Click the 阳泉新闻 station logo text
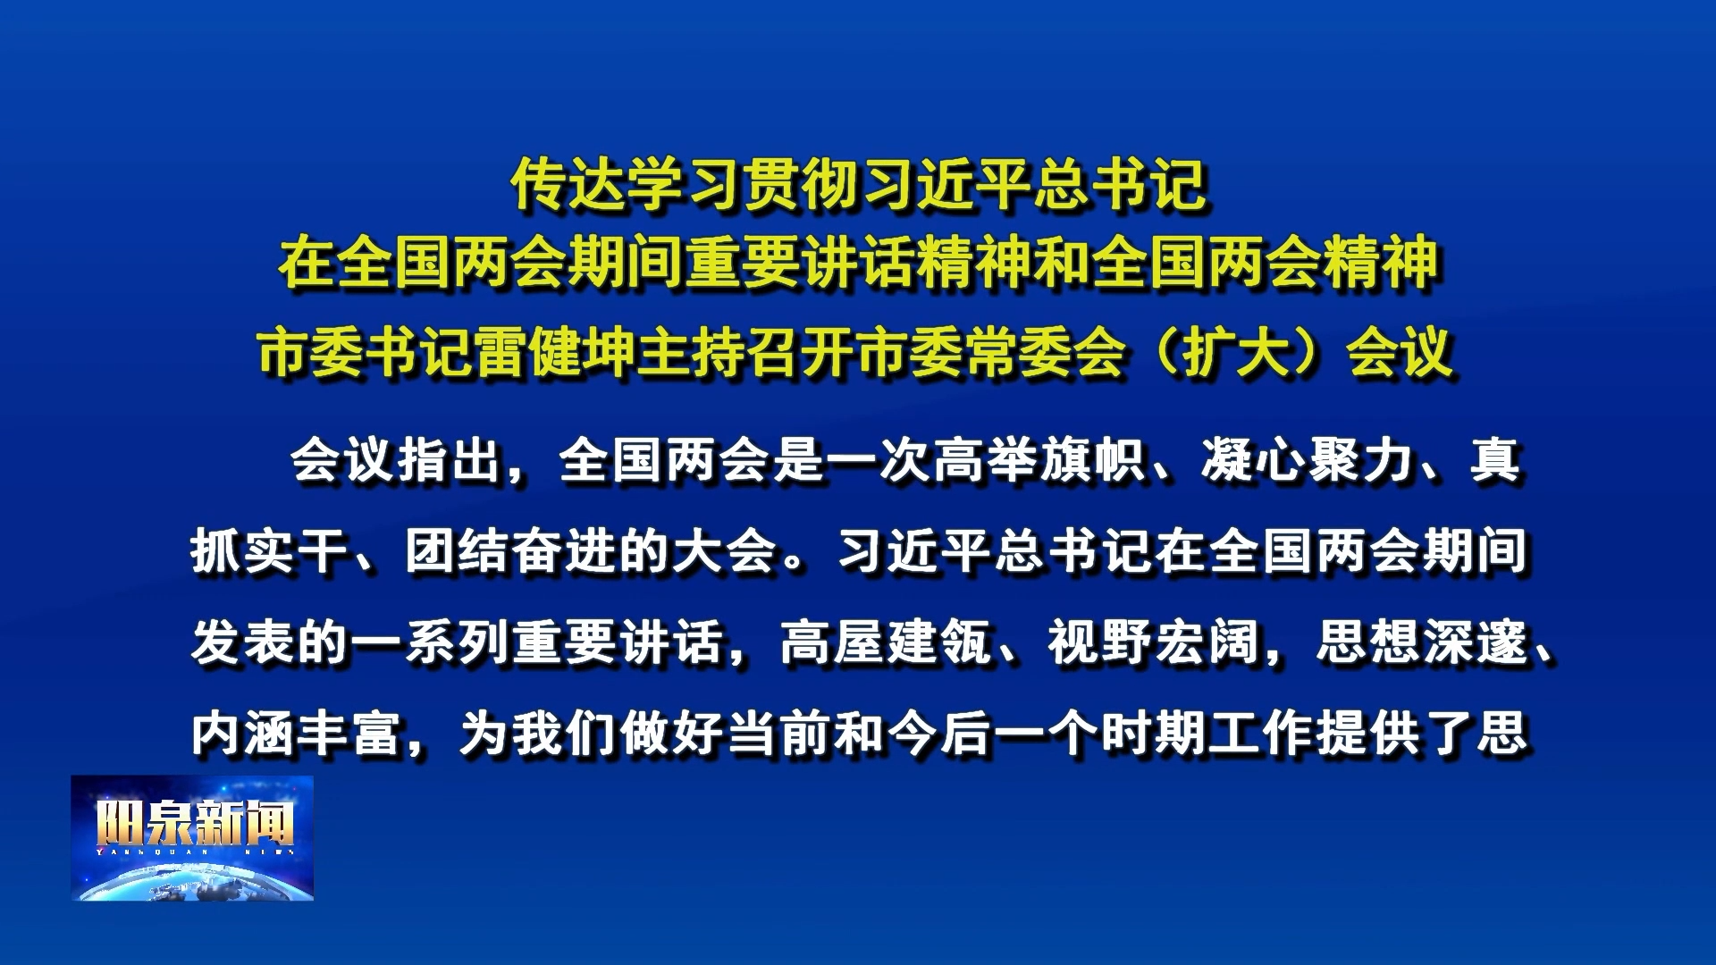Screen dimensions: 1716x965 195,822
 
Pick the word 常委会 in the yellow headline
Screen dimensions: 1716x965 1044,353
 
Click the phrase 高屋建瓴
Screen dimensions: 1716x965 885,642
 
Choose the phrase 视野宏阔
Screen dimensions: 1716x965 1153,642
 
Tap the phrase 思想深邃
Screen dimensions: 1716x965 1421,642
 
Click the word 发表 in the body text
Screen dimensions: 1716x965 243,642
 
